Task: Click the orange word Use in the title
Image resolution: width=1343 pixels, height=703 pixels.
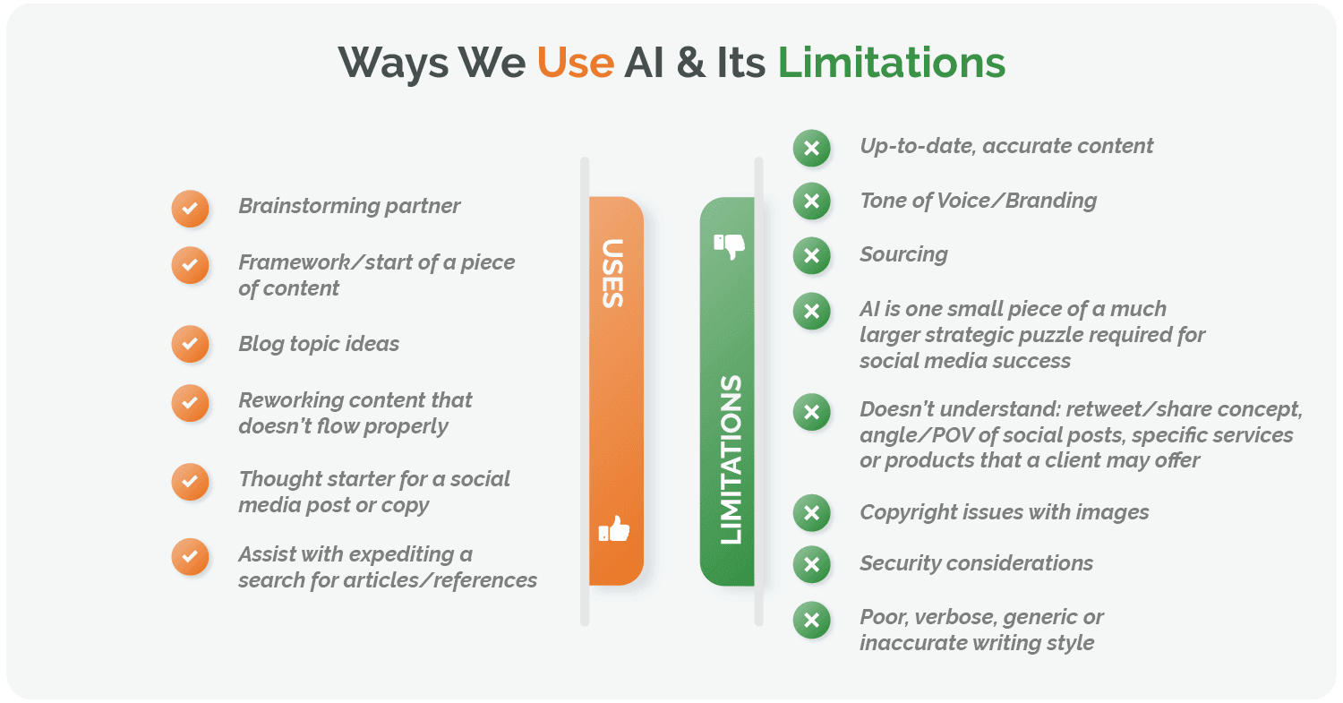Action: tap(575, 63)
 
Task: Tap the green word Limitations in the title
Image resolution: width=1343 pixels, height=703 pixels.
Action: tap(891, 63)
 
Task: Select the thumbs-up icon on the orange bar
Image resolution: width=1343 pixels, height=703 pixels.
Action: tap(614, 529)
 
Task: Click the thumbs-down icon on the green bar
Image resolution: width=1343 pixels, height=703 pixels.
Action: tap(728, 245)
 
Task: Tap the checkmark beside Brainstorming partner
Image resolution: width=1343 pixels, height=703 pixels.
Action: tap(190, 209)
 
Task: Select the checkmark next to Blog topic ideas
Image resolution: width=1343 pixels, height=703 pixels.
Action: tap(190, 344)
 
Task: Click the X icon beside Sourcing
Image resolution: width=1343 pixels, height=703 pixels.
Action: tap(811, 256)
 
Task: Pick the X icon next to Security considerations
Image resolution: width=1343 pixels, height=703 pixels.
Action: tap(811, 564)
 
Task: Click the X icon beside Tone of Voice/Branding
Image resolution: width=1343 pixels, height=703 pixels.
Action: tap(811, 201)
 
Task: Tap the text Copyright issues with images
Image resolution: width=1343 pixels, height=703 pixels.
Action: tap(1004, 512)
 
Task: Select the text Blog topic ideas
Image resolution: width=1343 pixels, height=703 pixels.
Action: tap(319, 344)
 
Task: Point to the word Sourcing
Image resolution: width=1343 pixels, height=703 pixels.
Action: tap(903, 254)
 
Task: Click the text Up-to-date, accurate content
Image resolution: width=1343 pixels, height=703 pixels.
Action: tap(1006, 146)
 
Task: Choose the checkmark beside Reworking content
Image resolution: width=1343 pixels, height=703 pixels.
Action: tap(190, 402)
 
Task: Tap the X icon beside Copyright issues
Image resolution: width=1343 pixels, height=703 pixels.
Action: tap(811, 513)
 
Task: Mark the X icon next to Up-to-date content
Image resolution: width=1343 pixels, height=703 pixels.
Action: tap(811, 148)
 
